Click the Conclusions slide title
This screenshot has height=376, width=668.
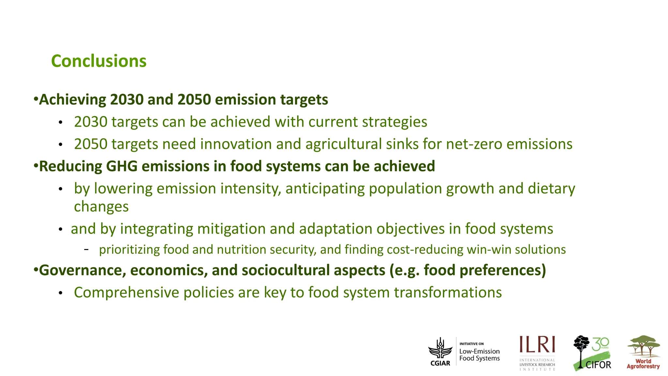pyautogui.click(x=99, y=61)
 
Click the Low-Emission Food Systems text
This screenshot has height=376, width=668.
pyautogui.click(x=479, y=355)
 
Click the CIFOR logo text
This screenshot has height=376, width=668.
pyautogui.click(x=598, y=365)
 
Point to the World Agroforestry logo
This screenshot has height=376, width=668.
pyautogui.click(x=643, y=352)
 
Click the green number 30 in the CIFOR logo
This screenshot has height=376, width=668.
pyautogui.click(x=600, y=344)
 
